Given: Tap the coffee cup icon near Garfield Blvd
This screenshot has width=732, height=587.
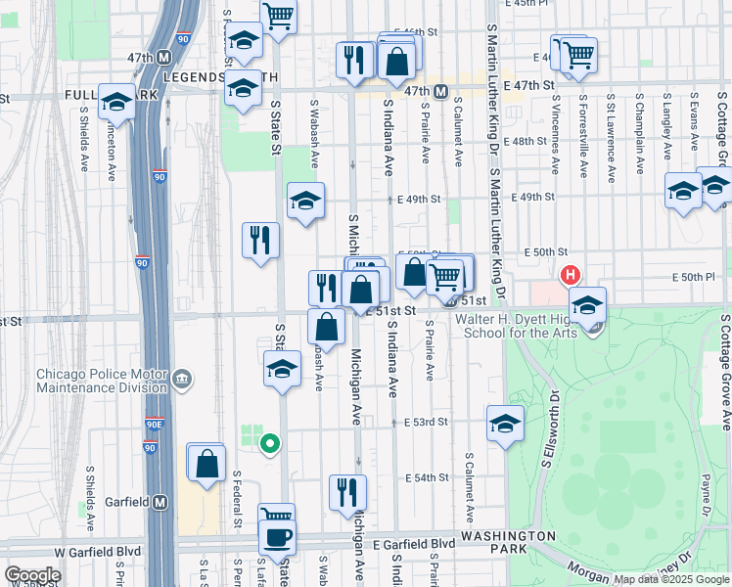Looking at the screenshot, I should click(x=276, y=536).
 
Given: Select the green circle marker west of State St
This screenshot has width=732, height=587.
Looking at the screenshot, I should click(x=269, y=444).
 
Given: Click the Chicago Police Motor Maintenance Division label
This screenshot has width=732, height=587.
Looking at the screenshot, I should click(x=102, y=380).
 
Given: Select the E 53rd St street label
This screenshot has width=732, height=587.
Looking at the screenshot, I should click(x=426, y=422).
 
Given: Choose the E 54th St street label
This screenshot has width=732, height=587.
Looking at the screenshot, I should click(x=426, y=477).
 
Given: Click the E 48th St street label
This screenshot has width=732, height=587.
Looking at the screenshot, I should click(x=527, y=141).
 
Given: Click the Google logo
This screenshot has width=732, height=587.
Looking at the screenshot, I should click(x=32, y=575).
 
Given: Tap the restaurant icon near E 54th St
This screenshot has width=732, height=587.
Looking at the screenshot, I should click(x=346, y=492).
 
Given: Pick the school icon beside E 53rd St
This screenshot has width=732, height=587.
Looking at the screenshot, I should click(x=505, y=424).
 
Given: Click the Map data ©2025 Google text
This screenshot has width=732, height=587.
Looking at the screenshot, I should click(x=670, y=579).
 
